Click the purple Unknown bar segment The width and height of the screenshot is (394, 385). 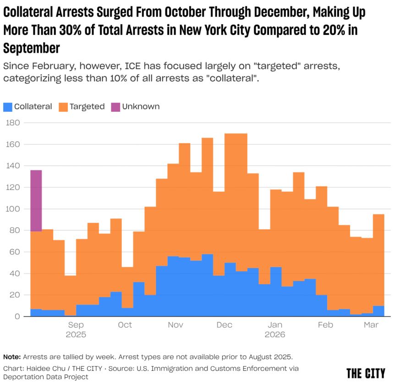pyautogui.click(x=36, y=200)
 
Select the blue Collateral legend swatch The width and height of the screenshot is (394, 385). pyautogui.click(x=8, y=107)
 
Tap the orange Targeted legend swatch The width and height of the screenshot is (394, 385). pyautogui.click(x=63, y=107)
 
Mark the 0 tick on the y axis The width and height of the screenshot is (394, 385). pyautogui.click(x=16, y=317)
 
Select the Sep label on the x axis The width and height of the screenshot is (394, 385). pyautogui.click(x=76, y=325)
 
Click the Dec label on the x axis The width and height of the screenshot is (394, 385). pyautogui.click(x=224, y=325)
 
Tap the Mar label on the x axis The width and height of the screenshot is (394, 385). pyautogui.click(x=370, y=325)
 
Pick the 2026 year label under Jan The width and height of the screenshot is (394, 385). pyautogui.click(x=275, y=335)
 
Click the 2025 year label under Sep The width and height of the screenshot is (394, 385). pyautogui.click(x=76, y=335)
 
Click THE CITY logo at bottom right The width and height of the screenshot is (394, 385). pyautogui.click(x=366, y=374)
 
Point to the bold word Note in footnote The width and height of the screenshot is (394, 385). pyautogui.click(x=11, y=357)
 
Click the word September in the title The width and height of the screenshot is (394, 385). pyautogui.click(x=32, y=47)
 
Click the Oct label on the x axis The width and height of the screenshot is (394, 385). pyautogui.click(x=125, y=325)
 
